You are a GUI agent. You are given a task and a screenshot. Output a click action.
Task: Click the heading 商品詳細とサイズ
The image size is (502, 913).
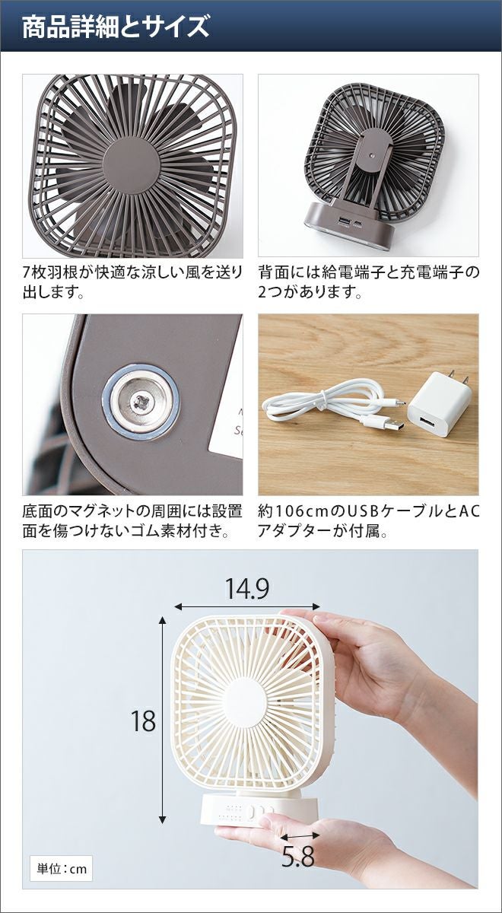click(x=116, y=27)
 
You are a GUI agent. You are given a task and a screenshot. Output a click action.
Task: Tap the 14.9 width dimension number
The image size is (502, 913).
click(x=247, y=589)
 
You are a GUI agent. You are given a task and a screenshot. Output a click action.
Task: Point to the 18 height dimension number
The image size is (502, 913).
click(x=144, y=721)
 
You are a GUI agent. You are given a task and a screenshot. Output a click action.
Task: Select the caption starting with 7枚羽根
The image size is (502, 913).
click(x=133, y=282)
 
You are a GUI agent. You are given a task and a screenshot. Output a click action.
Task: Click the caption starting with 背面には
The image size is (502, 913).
click(x=369, y=282)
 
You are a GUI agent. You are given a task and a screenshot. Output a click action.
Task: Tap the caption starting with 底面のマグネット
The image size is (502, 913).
click(x=133, y=521)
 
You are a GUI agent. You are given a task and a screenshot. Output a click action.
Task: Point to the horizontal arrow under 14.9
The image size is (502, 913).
click(x=247, y=606)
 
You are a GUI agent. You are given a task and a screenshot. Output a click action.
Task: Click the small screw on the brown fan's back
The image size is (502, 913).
click(x=373, y=155)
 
